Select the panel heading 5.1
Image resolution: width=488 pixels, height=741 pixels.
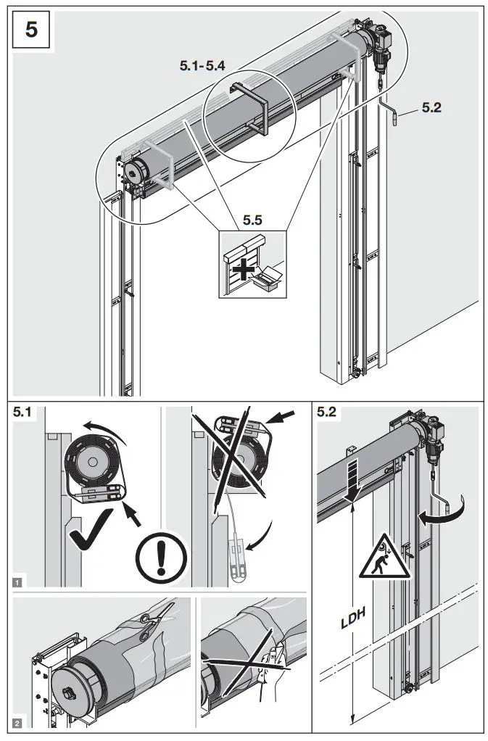pos(24,414)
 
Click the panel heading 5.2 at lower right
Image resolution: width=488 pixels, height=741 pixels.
pos(328,414)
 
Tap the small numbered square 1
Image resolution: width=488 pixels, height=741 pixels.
pos(17,580)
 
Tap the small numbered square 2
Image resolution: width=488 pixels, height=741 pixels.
pos(17,723)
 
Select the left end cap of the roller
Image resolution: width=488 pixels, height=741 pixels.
pos(134,172)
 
